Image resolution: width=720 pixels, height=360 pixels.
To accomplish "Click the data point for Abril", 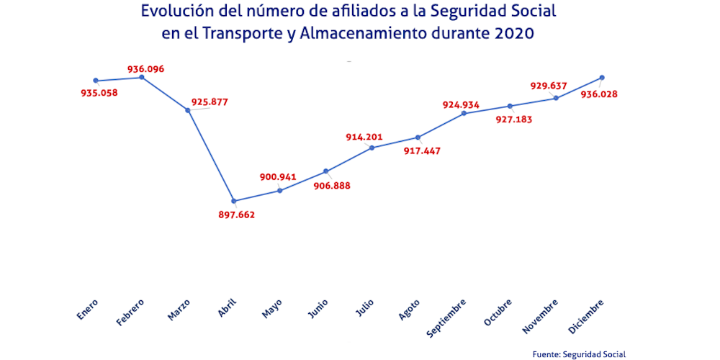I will coord(234,201).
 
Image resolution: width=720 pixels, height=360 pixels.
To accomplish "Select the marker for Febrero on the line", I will coord(142,77).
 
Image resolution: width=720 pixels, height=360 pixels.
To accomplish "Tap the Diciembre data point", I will coord(602,78).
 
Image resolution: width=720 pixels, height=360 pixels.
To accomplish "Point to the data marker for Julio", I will coord(372,148).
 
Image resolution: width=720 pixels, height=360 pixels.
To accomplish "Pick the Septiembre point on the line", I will coord(464,113).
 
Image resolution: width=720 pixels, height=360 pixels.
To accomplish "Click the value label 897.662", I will coord(237,215).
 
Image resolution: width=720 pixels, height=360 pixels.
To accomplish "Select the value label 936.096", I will coord(146,69).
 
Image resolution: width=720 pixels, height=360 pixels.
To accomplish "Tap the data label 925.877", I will coord(210,102).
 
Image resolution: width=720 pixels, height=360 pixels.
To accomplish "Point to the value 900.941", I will coord(278,177).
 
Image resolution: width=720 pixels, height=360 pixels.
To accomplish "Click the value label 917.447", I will coord(423,150).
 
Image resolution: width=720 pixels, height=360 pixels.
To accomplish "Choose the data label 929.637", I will coord(549,86).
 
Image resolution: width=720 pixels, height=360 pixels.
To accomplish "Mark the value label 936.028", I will coord(599,94).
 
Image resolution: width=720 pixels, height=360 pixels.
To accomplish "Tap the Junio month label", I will coord(318,307).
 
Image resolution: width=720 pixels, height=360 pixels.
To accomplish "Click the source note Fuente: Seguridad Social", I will coord(579,354).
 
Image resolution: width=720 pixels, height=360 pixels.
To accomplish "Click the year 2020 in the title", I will coord(514,34).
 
